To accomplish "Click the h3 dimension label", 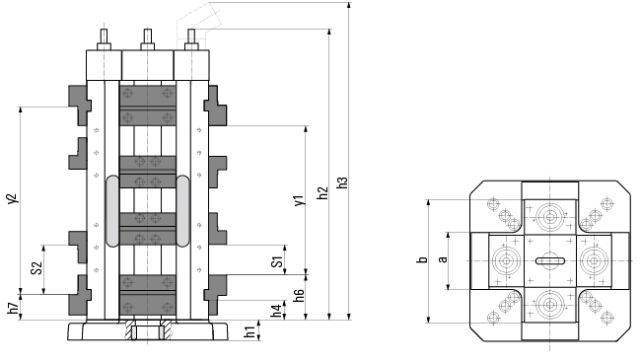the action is coord(342,182).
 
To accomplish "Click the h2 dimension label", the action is coord(322,193).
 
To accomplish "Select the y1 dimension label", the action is coord(300,200).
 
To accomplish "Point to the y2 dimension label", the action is coord(13,198).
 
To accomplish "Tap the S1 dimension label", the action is coord(277,261).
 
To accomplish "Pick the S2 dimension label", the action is coord(36,268).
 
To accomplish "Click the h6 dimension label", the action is coord(300,295).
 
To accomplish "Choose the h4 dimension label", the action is coord(277,310).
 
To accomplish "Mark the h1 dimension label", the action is coord(249,330).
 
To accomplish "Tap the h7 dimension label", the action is coord(13,308).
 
